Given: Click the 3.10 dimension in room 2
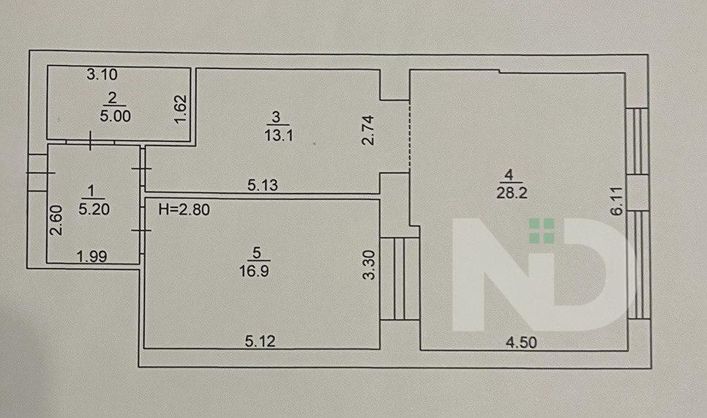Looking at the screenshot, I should click(102, 74).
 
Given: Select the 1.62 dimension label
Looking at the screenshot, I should click(179, 110).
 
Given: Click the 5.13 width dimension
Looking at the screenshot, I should click(261, 186).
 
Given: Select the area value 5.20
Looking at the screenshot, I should click(91, 208).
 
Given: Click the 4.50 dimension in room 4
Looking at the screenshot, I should click(520, 340).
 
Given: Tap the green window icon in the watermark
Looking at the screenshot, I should click(542, 231).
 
